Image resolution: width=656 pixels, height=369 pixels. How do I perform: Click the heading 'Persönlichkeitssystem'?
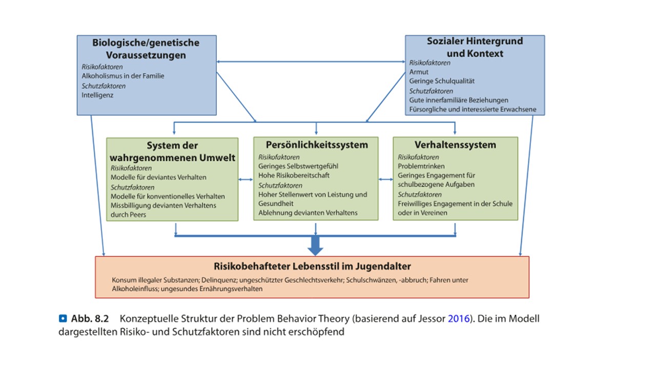click(x=317, y=145)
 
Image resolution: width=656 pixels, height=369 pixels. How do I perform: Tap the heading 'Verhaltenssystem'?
click(x=455, y=145)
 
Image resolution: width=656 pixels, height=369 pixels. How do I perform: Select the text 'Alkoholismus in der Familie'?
click(x=122, y=76)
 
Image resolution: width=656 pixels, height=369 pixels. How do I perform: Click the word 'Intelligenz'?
click(x=97, y=95)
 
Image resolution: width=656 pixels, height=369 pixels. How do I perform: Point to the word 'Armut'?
click(x=419, y=72)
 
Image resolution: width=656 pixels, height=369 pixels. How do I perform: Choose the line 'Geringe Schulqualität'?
click(x=442, y=81)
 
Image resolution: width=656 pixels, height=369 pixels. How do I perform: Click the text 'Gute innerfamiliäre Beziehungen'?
click(x=459, y=100)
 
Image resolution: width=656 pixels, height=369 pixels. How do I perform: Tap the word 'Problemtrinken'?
click(x=421, y=167)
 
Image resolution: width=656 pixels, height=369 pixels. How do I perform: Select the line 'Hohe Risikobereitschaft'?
click(x=294, y=175)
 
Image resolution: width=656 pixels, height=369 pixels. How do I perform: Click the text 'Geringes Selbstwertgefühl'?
click(x=298, y=167)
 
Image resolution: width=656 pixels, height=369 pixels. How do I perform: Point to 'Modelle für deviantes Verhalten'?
click(x=158, y=177)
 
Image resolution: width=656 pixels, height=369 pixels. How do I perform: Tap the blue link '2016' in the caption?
click(x=459, y=319)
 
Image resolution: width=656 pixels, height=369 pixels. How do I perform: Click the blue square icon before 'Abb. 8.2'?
click(x=63, y=318)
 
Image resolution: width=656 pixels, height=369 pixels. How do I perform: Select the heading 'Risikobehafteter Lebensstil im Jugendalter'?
click(x=312, y=266)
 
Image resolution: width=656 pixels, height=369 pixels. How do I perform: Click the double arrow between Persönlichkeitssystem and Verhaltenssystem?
click(x=386, y=179)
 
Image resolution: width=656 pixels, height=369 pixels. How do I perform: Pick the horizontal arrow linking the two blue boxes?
click(x=311, y=62)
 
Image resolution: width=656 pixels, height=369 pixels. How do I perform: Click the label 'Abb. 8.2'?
click(x=90, y=319)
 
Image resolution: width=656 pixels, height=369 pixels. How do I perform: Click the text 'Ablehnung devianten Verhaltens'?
click(x=308, y=213)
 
